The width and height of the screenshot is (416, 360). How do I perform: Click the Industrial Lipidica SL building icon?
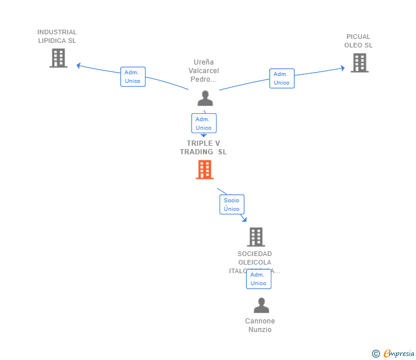pos(58,58)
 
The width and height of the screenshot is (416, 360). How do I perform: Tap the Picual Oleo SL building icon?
pos(359,63)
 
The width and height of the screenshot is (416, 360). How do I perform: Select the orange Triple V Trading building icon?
pos(205,169)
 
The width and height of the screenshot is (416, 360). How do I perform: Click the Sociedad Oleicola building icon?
pos(255,237)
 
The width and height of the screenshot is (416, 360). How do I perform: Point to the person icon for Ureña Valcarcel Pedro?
pos(205,98)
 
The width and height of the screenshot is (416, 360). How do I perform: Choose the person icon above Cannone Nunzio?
pos(261,306)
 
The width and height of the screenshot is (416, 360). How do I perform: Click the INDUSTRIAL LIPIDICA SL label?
pos(57,37)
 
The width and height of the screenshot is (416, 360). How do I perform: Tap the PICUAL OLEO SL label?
pos(358,41)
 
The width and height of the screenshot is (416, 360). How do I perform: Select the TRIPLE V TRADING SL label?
pos(203,147)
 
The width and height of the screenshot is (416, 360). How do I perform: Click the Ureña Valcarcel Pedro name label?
pos(205,71)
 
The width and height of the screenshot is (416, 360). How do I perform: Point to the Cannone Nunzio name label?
pos(260,325)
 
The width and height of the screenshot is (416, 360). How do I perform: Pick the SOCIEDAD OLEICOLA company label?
pos(255,262)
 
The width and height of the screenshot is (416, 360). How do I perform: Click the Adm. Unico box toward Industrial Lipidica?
pos(133,77)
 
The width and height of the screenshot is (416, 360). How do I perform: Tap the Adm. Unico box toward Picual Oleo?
pos(282,78)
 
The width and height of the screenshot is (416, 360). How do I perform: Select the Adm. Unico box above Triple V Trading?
pos(203,123)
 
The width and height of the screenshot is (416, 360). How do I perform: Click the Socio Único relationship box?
pos(232,205)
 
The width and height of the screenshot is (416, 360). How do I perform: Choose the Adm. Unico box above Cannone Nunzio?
pos(258,279)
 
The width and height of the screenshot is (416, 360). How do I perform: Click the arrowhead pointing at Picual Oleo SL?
pos(343,68)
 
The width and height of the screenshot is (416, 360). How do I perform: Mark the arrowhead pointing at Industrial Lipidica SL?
pos(79,65)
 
